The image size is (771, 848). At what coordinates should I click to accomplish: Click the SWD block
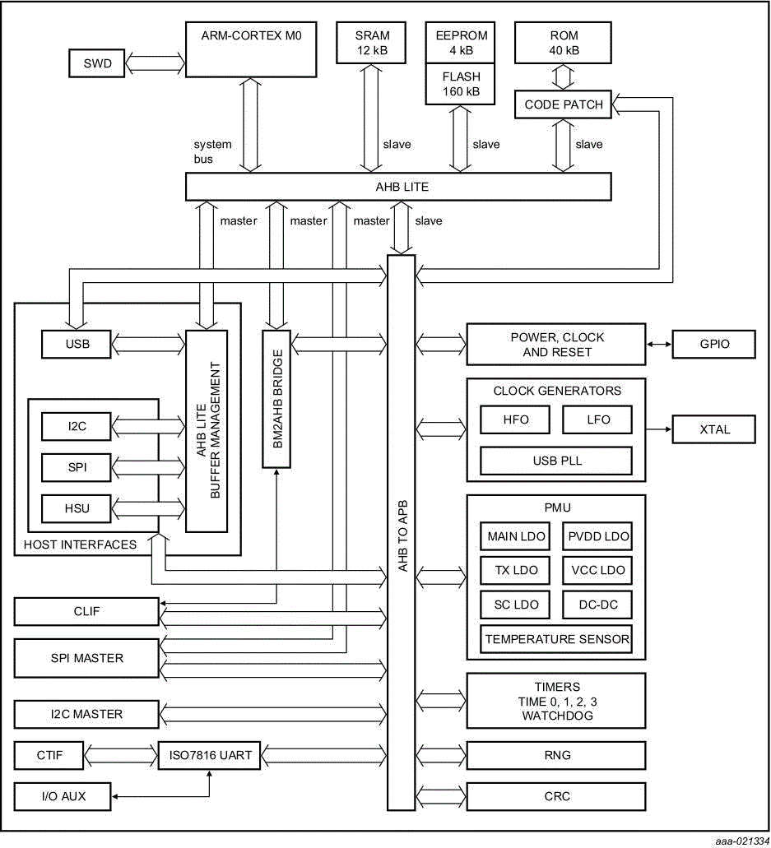click(96, 63)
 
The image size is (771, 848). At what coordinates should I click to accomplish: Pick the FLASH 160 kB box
click(460, 84)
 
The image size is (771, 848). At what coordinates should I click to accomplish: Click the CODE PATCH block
click(564, 104)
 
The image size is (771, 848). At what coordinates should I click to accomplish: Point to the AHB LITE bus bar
click(398, 187)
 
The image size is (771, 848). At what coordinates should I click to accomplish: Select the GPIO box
click(713, 344)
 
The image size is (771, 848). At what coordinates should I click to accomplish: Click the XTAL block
click(713, 429)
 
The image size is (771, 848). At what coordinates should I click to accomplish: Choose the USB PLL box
click(555, 461)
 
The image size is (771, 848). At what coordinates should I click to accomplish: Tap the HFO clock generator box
click(515, 419)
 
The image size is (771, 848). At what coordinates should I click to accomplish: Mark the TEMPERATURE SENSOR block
click(557, 639)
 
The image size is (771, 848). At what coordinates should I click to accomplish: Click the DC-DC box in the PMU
click(597, 605)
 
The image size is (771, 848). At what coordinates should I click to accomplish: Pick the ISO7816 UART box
click(210, 755)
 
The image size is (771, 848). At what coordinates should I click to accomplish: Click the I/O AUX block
click(63, 796)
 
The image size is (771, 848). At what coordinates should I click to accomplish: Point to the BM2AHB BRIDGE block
click(276, 399)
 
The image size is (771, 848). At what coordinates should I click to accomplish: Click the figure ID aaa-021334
click(737, 841)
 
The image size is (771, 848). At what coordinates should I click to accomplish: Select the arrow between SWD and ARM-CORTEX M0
click(155, 63)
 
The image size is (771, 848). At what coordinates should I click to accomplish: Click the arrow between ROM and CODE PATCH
click(563, 77)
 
